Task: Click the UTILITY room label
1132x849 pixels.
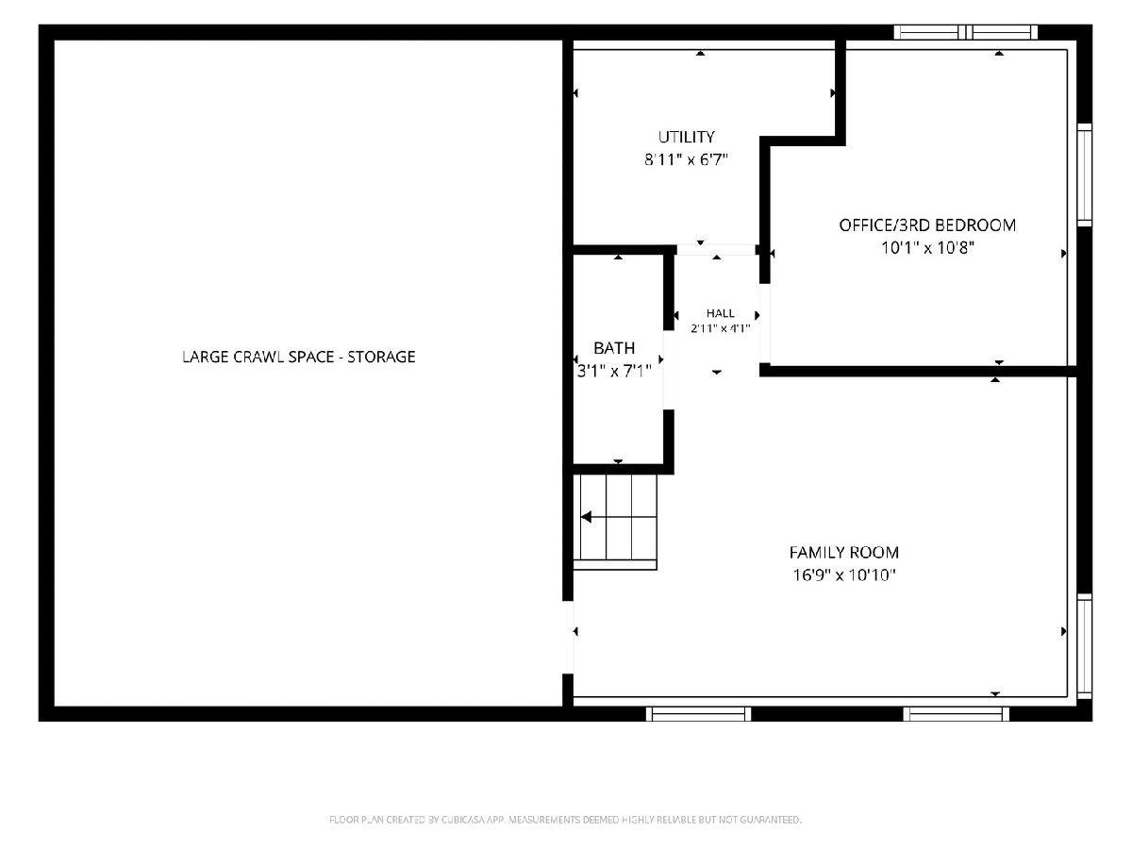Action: pyautogui.click(x=686, y=137)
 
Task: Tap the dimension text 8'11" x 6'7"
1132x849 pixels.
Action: pyautogui.click(x=686, y=159)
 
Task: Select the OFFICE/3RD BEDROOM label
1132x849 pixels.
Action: pyautogui.click(x=927, y=225)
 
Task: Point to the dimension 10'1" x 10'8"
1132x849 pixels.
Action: pyautogui.click(x=927, y=248)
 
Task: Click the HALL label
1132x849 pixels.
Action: pyautogui.click(x=721, y=313)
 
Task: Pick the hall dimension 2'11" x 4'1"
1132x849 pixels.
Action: pyautogui.click(x=721, y=328)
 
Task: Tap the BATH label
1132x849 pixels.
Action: pyautogui.click(x=614, y=348)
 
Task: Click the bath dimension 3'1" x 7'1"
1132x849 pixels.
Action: pyautogui.click(x=614, y=371)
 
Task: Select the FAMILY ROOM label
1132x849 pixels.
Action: pyautogui.click(x=843, y=553)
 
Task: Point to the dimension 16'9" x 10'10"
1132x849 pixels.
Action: pyautogui.click(x=843, y=575)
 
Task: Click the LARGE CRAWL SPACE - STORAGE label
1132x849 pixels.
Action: pyautogui.click(x=299, y=357)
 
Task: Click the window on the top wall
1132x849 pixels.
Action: pyautogui.click(x=965, y=32)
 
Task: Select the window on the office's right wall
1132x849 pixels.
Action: pyautogui.click(x=1084, y=175)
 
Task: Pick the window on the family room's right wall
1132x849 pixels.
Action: pyautogui.click(x=1084, y=646)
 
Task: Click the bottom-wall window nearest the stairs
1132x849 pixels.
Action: pyautogui.click(x=698, y=713)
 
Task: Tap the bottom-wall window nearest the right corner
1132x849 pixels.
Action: pyautogui.click(x=956, y=713)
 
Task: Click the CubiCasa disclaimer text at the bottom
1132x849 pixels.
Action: pyautogui.click(x=565, y=819)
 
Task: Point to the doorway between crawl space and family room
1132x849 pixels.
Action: pyautogui.click(x=568, y=637)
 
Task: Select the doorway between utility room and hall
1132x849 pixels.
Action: pyautogui.click(x=716, y=250)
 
